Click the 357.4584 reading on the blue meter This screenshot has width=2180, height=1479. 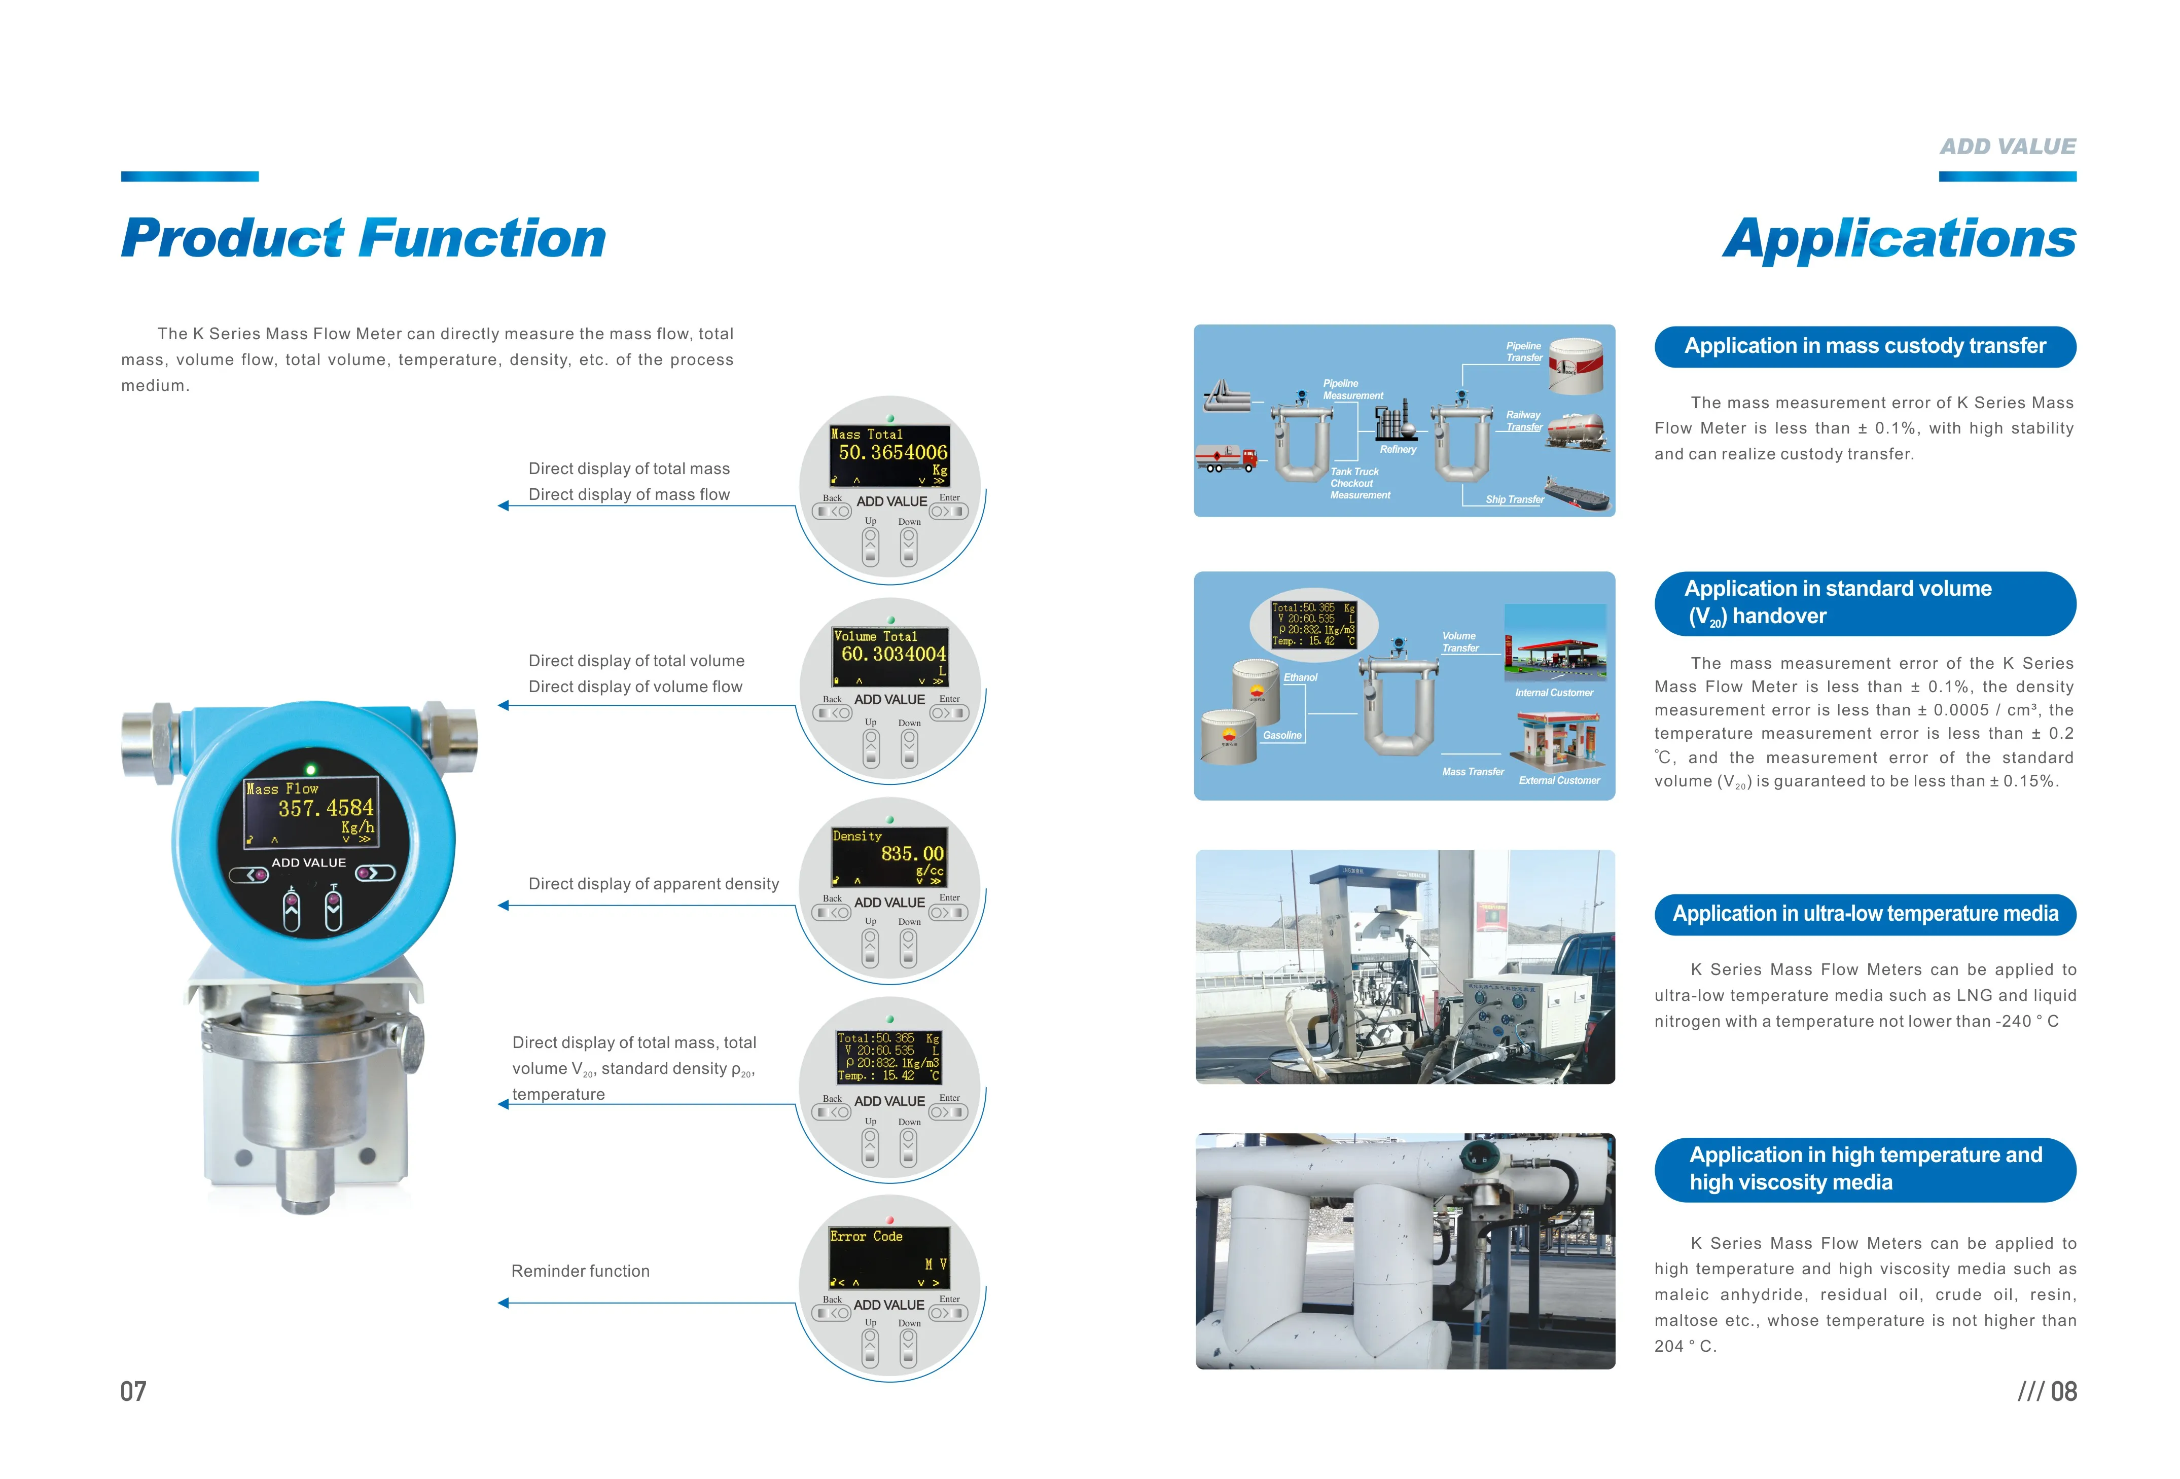326,808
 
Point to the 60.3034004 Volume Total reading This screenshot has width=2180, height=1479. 893,654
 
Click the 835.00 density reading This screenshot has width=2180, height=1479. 912,853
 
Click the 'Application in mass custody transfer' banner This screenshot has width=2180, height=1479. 1865,346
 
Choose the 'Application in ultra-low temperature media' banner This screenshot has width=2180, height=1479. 1865,914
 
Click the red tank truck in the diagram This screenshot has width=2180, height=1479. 1226,459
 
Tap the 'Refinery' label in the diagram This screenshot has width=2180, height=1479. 1398,449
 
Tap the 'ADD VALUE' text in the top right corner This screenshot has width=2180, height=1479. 2008,147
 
